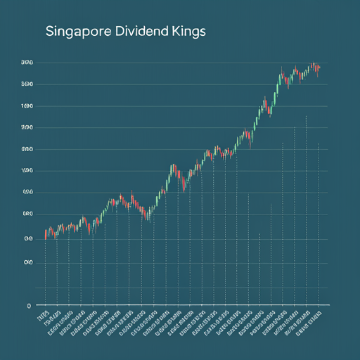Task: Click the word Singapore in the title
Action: pyautogui.click(x=74, y=33)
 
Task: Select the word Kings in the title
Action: pyautogui.click(x=186, y=33)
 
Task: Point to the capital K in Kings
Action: pyautogui.click(x=173, y=33)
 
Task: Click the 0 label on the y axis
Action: pyautogui.click(x=29, y=306)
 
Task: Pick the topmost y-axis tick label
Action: pyautogui.click(x=27, y=63)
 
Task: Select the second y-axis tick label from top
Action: pyautogui.click(x=27, y=84)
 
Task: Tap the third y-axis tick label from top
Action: pyautogui.click(x=27, y=106)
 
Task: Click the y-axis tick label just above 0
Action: pyautogui.click(x=27, y=262)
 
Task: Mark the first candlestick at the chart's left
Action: pyautogui.click(x=46, y=235)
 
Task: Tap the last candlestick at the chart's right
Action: pyautogui.click(x=319, y=69)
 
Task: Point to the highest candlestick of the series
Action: pyautogui.click(x=312, y=65)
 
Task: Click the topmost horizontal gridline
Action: pyautogui.click(x=176, y=63)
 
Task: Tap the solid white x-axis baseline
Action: pyautogui.click(x=176, y=306)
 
